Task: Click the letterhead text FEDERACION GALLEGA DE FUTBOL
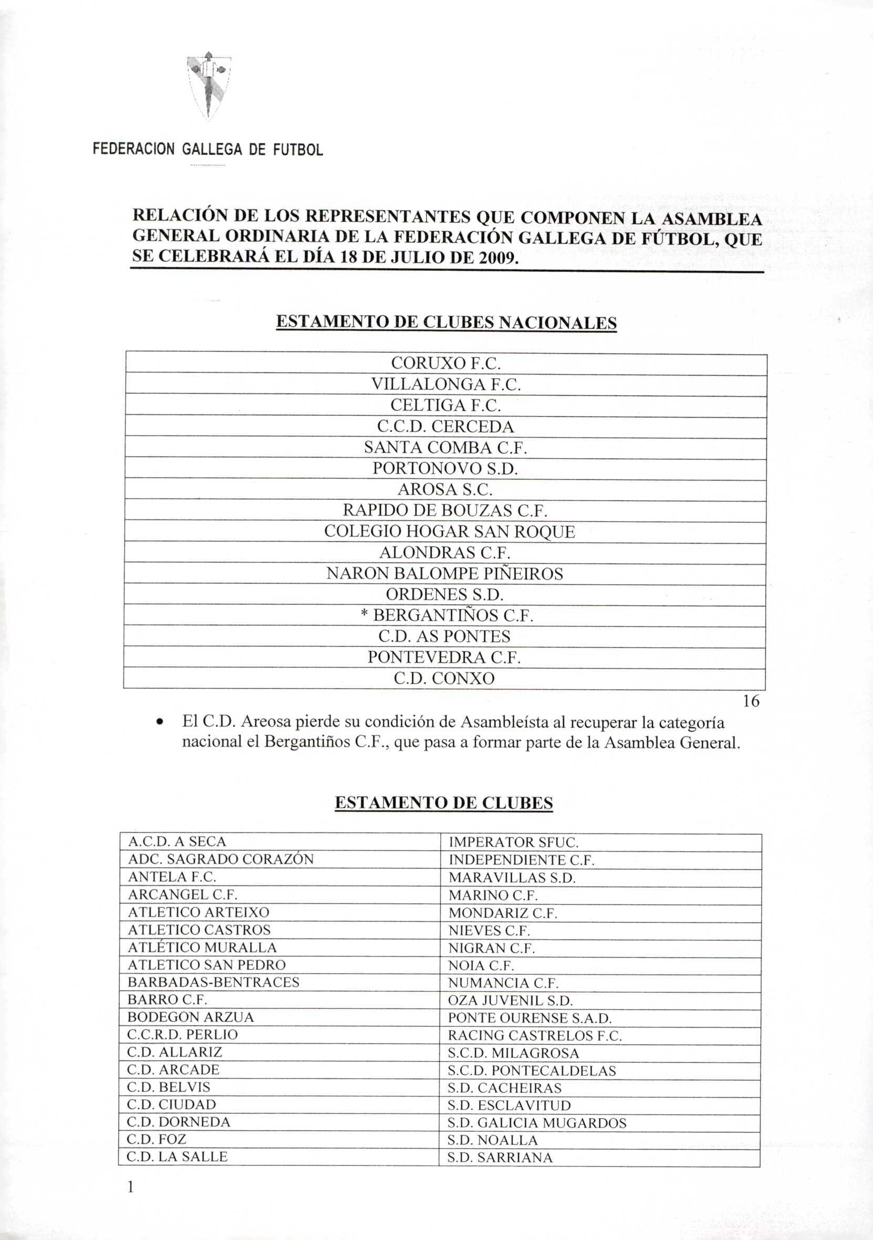click(208, 150)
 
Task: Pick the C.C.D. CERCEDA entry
click(445, 426)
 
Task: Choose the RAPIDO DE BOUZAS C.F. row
click(445, 510)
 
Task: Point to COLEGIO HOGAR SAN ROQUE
click(450, 532)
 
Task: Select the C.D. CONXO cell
click(444, 678)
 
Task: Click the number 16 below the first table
click(751, 701)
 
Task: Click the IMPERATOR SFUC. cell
click(513, 842)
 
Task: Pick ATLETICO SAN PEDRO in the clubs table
click(206, 965)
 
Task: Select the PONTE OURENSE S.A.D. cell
click(529, 1018)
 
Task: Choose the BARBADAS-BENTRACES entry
click(213, 982)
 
